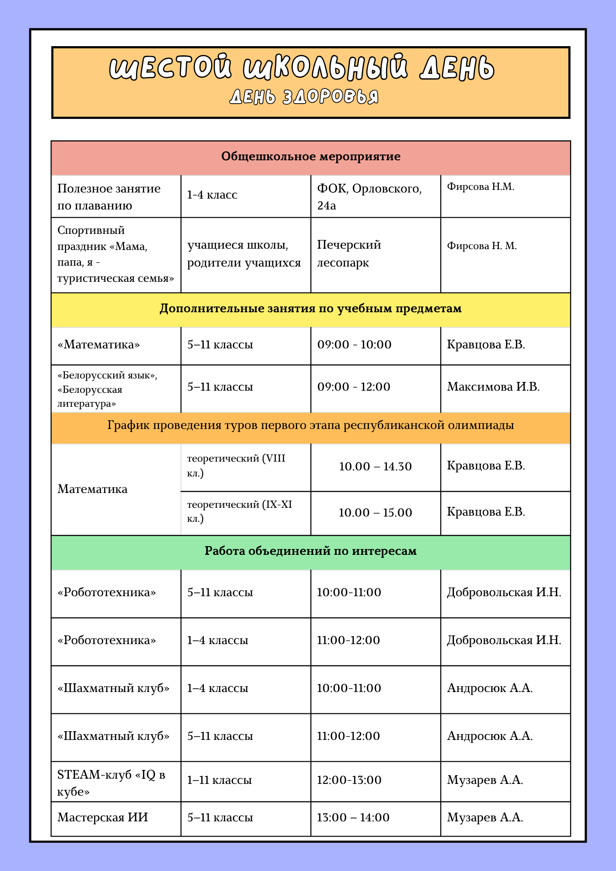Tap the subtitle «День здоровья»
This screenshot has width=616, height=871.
point(304,97)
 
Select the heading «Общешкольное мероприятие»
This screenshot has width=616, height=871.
point(311,157)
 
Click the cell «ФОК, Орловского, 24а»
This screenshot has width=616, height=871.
point(369,197)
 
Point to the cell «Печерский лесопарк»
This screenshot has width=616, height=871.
point(349,254)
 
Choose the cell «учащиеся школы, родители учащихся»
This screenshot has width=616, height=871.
point(244,254)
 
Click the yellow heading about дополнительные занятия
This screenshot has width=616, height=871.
point(311,309)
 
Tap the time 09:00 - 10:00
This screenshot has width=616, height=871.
point(354,345)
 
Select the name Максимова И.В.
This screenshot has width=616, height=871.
point(493,387)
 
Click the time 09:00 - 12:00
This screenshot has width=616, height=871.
point(354,387)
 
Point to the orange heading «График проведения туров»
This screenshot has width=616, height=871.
point(311,425)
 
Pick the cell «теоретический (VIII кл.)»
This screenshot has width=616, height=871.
point(236,466)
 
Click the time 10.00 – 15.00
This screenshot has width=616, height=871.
point(375,513)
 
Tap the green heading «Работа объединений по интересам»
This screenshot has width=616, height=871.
point(311,551)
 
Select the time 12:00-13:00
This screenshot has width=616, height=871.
point(349,780)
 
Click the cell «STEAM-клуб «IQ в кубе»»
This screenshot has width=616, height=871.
point(111,783)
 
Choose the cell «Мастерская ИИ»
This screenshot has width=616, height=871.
point(103,817)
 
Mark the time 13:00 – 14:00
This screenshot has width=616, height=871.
point(353,817)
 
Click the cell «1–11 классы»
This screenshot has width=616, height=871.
point(220,780)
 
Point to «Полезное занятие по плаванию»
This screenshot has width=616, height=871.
point(109,197)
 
